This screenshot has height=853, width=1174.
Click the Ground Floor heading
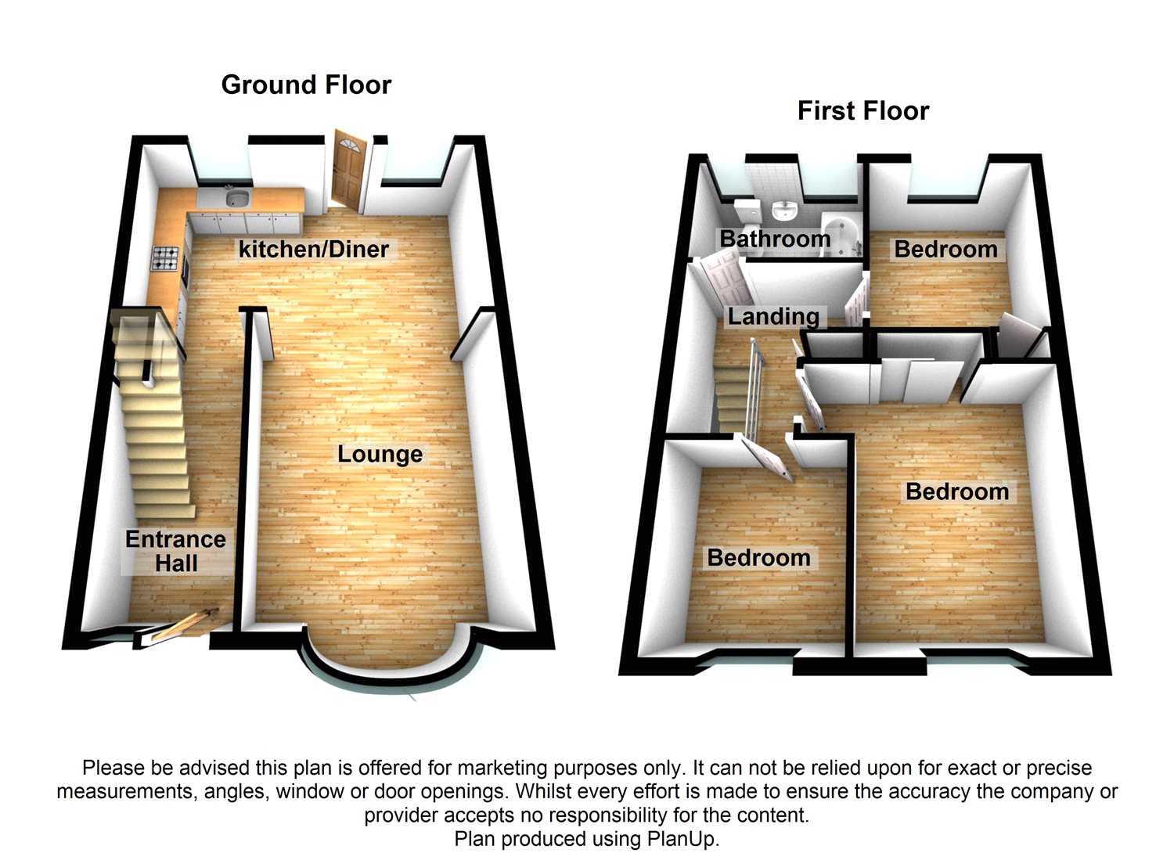point(306,85)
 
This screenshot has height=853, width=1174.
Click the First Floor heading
point(863,111)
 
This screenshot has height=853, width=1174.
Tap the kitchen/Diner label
point(313,249)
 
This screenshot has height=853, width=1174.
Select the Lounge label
point(380,454)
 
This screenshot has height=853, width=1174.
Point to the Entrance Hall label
point(176,551)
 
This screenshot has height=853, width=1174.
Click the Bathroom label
point(775,239)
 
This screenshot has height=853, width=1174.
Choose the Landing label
point(773,316)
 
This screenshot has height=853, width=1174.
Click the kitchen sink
point(237,198)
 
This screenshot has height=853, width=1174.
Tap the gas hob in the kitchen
point(166,258)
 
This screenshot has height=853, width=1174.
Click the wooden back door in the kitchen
point(348,169)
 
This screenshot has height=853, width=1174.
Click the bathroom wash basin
point(784,211)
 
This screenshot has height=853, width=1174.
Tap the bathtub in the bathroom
point(841,235)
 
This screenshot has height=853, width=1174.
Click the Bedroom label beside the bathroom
point(945,250)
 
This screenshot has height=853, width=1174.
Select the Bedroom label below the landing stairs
point(758,557)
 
